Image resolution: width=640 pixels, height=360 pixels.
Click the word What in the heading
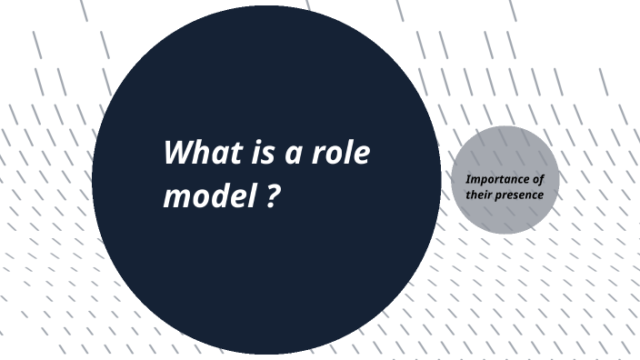coord(201,151)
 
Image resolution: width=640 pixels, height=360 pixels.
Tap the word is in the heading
coord(259,151)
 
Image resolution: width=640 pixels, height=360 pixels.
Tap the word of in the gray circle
coord(538,179)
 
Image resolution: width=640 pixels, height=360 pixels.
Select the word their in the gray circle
coord(480,195)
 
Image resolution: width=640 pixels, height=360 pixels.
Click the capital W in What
coord(178,151)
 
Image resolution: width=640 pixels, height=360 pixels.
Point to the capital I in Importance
coord(467,179)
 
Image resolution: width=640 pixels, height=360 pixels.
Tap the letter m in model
coord(176,196)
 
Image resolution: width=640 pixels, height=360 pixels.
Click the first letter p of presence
coord(499,196)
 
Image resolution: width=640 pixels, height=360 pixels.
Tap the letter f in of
coord(542,179)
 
